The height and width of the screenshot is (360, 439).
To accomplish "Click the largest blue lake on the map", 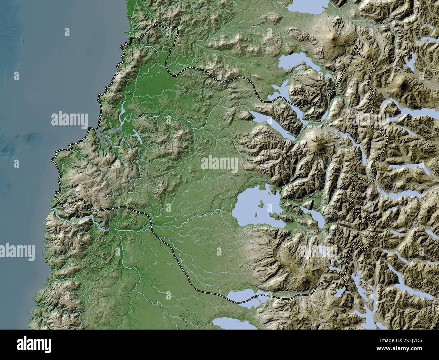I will click(250, 210).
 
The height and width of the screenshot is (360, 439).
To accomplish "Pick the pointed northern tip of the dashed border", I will click(355, 47).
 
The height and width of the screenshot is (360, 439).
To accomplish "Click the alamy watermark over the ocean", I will click(70, 120).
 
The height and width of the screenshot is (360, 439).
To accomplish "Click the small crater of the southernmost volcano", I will click(306, 279).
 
